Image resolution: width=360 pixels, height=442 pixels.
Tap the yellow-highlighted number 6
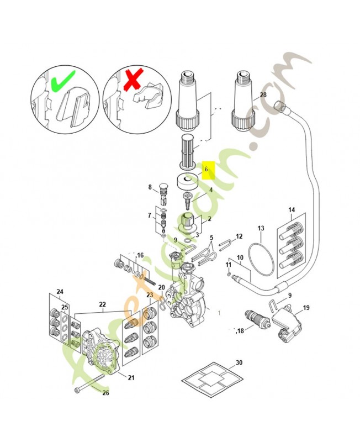click(x=206, y=170)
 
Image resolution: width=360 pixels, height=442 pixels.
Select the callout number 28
click(x=263, y=94)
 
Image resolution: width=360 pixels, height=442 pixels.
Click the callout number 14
click(x=292, y=210)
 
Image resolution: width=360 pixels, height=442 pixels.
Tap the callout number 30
click(x=239, y=363)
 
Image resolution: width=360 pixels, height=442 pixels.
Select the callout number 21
click(x=131, y=377)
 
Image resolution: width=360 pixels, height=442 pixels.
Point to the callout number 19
click(x=306, y=308)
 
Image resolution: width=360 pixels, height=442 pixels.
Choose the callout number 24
click(x=60, y=291)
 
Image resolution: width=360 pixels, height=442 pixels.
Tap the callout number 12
click(x=239, y=236)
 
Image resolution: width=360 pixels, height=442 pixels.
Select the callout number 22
click(x=102, y=304)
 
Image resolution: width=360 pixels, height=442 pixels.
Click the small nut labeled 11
click(x=229, y=273)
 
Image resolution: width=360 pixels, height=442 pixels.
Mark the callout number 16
click(x=140, y=255)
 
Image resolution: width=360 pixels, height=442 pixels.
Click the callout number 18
click(x=239, y=331)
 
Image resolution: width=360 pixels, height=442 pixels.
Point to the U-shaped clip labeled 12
click(x=225, y=243)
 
